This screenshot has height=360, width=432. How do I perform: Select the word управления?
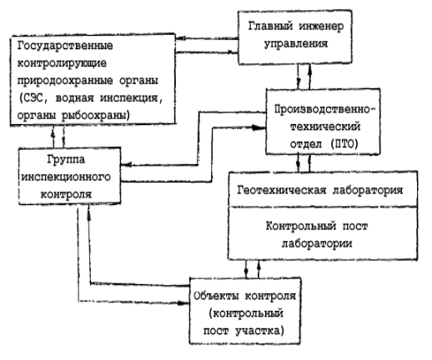[296, 44]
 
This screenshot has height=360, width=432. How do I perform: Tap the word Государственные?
[65, 46]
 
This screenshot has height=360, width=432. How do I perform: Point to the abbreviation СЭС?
[34, 98]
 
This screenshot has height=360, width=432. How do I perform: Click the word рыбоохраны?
[95, 115]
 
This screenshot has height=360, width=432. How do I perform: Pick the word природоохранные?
[65, 81]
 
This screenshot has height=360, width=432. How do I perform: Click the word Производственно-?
[325, 109]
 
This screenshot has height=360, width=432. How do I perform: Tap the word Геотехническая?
[282, 190]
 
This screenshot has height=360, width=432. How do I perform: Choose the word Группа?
[66, 160]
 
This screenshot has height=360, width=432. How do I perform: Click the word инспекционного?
[66, 177]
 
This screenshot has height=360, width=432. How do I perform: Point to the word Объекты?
[216, 296]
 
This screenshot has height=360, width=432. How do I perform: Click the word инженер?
[322, 26]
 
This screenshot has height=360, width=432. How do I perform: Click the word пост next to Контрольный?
[355, 227]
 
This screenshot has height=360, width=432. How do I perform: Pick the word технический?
[325, 127]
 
